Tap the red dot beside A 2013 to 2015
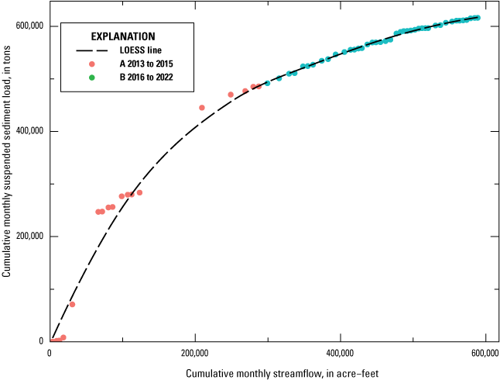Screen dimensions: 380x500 [92, 64]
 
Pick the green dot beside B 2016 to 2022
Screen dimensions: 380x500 [92, 77]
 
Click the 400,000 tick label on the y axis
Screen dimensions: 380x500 [30, 131]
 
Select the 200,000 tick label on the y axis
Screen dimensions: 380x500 [30, 237]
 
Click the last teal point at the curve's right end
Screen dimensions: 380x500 [478, 17]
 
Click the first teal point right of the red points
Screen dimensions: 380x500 [267, 83]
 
